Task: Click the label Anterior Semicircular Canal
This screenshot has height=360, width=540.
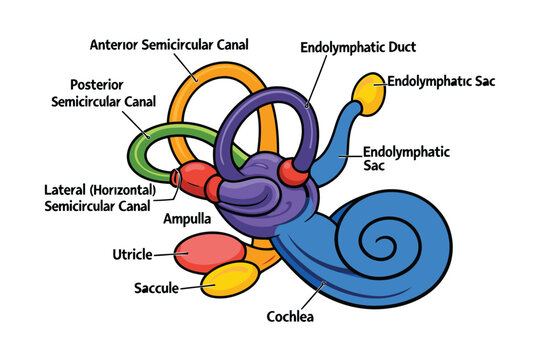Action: [169, 45]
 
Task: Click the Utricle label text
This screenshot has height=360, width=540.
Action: [132, 254]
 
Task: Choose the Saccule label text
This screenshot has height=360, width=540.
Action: [156, 288]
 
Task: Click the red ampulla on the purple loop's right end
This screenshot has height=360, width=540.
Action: [295, 171]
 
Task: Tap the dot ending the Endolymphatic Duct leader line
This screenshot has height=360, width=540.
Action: [309, 104]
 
